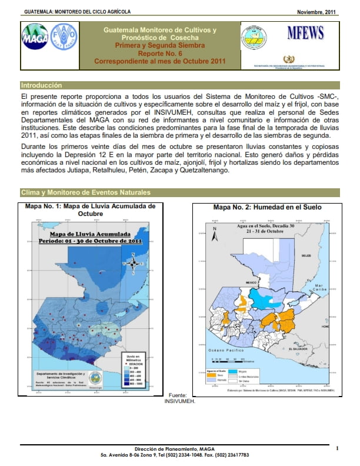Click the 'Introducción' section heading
point(41,85)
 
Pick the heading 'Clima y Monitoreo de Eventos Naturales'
point(85,192)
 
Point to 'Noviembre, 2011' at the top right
point(316,12)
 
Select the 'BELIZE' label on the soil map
point(306,256)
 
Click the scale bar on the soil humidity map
point(230,358)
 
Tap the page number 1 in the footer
point(337,449)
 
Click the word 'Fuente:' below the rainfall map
point(177,395)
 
